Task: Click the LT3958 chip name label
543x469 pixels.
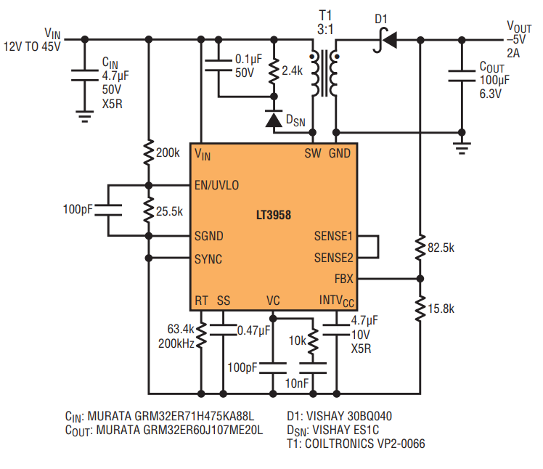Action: click(x=274, y=215)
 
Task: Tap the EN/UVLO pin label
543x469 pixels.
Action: click(x=217, y=185)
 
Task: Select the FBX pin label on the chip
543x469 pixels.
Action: click(x=344, y=279)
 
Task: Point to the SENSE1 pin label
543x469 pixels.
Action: click(x=333, y=236)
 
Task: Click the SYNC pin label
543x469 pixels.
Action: click(x=208, y=259)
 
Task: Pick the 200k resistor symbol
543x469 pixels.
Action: click(x=149, y=152)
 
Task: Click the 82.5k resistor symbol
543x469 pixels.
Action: click(x=420, y=248)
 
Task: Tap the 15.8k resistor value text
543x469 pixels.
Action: click(x=441, y=309)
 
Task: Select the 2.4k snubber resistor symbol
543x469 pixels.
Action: click(x=274, y=71)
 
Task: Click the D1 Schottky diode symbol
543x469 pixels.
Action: click(x=385, y=40)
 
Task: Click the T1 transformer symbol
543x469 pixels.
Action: click(x=324, y=73)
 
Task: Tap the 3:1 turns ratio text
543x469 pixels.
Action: click(x=325, y=30)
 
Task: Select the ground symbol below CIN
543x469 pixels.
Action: click(x=85, y=116)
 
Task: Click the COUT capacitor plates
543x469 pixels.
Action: click(x=462, y=76)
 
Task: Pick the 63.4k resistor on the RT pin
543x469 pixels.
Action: click(x=201, y=335)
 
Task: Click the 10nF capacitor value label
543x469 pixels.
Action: click(x=297, y=383)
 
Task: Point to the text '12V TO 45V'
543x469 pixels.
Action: click(x=32, y=46)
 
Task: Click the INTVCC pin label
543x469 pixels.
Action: click(x=337, y=301)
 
